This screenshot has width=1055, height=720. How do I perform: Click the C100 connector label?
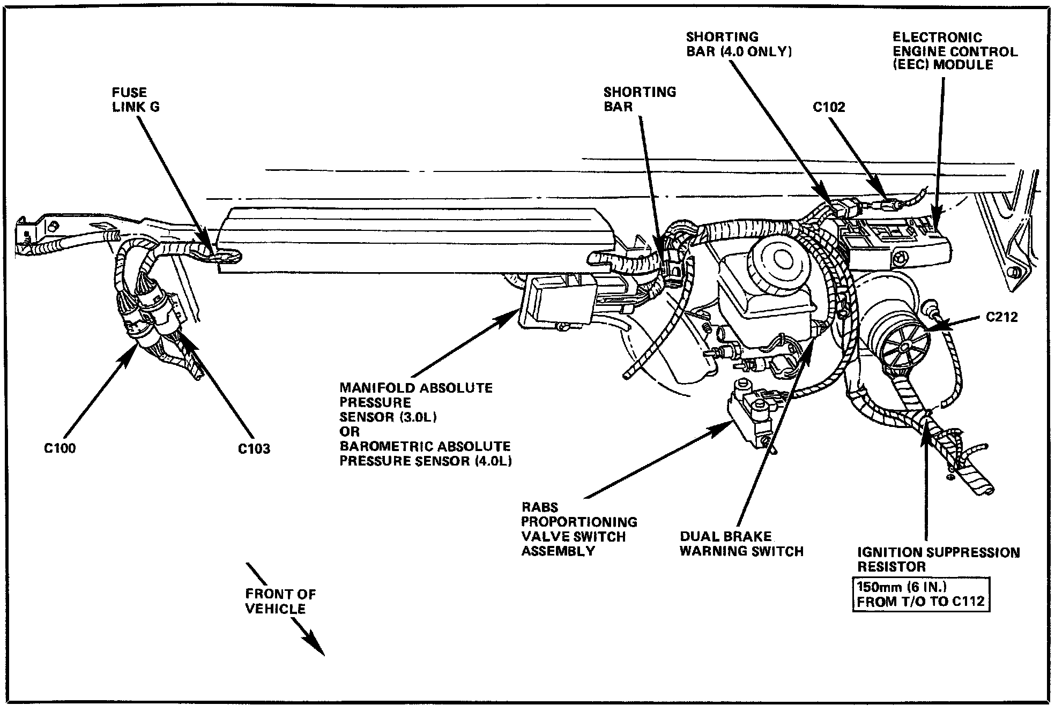click(x=60, y=448)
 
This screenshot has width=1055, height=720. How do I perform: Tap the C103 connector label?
click(x=254, y=448)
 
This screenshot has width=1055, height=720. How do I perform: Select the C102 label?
click(x=829, y=107)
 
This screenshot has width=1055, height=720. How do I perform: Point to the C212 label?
click(x=1002, y=317)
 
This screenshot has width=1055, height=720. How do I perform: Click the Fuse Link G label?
click(x=136, y=100)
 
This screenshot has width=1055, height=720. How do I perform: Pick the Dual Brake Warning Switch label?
click(x=741, y=544)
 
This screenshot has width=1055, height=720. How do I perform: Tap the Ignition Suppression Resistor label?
click(x=939, y=559)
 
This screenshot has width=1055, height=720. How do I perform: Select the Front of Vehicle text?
click(x=280, y=601)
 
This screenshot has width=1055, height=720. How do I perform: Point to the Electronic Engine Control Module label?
click(x=955, y=51)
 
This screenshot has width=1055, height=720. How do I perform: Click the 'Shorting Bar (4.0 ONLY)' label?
click(x=739, y=44)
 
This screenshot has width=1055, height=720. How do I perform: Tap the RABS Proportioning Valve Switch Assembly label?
click(x=579, y=529)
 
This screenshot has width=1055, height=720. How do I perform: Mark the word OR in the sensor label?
click(x=350, y=431)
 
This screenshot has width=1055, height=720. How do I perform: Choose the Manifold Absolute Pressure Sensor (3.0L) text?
click(x=415, y=402)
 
